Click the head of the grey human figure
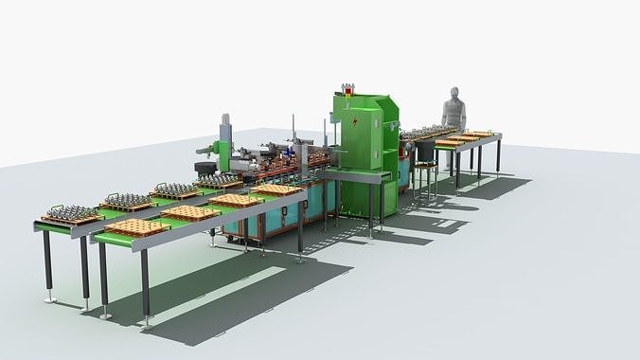point(454,95)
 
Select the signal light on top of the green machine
point(345,89)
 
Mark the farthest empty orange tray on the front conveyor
point(277,189)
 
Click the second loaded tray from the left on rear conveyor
point(124,201)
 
